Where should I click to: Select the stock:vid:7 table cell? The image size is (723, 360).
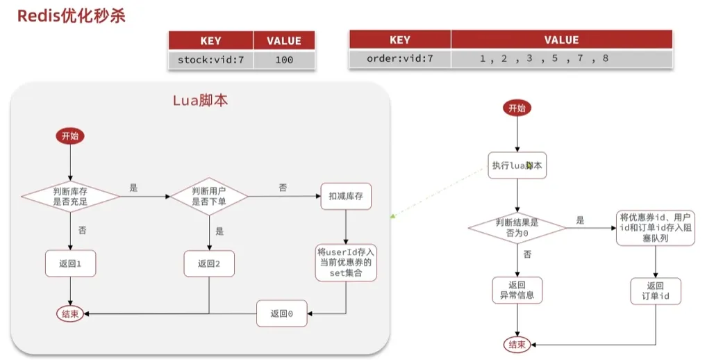tap(210, 60)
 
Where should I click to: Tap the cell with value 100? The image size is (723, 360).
tap(283, 60)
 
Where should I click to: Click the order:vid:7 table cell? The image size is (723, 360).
tap(399, 58)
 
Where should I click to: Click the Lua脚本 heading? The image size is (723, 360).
tap(200, 100)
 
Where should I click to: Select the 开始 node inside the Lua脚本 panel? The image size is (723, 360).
tap(70, 136)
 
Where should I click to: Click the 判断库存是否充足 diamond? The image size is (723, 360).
tap(70, 197)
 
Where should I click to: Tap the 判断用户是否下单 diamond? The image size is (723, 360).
tap(209, 197)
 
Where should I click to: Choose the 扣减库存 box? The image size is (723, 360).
tap(345, 197)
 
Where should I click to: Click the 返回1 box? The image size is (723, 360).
tap(70, 263)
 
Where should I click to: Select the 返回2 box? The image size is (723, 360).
tap(209, 263)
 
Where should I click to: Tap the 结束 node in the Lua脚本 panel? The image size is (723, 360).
tap(70, 314)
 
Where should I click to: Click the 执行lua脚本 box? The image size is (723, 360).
tap(517, 165)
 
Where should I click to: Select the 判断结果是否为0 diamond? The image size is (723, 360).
tap(517, 227)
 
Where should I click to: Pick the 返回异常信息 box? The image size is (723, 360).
tap(517, 291)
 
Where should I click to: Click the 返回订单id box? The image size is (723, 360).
tap(656, 291)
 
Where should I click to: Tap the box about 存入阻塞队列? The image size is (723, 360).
tap(656, 227)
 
